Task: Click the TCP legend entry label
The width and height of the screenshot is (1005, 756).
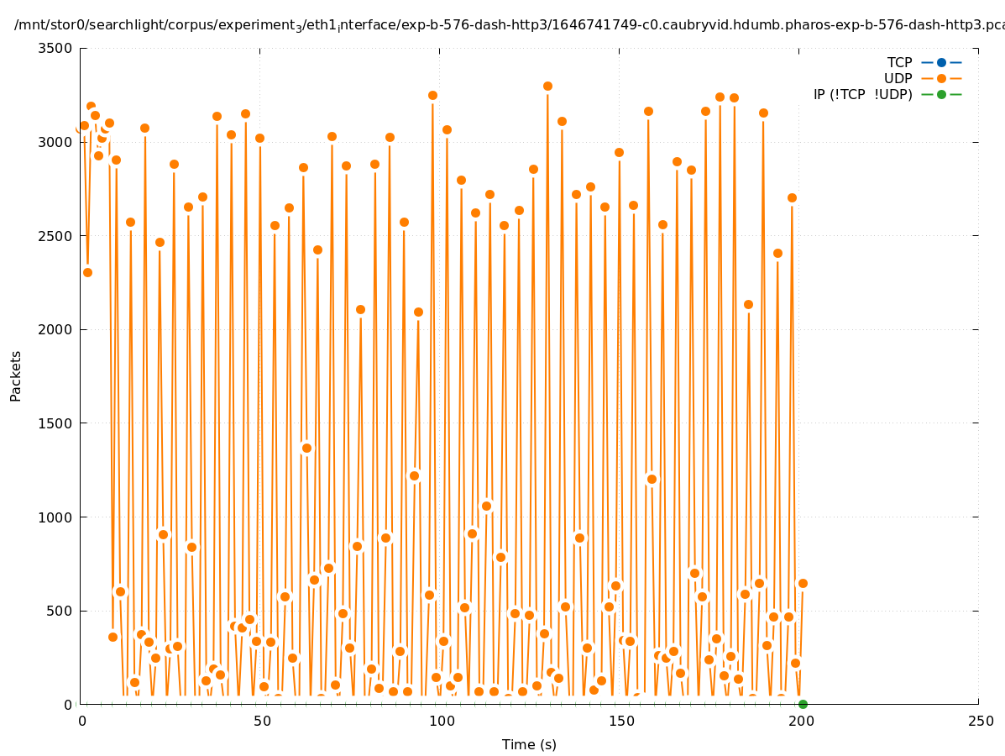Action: (899, 62)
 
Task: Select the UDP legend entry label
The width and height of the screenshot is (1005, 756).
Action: (898, 78)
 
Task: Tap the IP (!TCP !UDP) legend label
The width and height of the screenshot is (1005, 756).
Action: (862, 94)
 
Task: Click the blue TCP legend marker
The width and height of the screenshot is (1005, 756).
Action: (941, 62)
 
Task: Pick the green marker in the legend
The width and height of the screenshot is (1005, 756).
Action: (941, 94)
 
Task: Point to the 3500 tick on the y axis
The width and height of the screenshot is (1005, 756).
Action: (55, 48)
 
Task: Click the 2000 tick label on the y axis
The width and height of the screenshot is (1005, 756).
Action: (55, 329)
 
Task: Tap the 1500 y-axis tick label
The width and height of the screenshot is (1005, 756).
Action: (55, 423)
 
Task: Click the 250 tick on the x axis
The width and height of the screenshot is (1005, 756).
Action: (978, 721)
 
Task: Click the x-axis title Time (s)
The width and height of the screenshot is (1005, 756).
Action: (529, 744)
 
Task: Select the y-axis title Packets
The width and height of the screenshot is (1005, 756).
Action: (16, 375)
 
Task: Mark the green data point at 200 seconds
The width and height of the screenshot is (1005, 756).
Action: (803, 704)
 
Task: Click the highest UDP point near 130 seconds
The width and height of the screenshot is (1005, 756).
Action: (547, 86)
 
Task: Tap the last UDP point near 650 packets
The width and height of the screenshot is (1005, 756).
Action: (803, 583)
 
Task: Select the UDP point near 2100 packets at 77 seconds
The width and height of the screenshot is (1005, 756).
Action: (360, 309)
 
